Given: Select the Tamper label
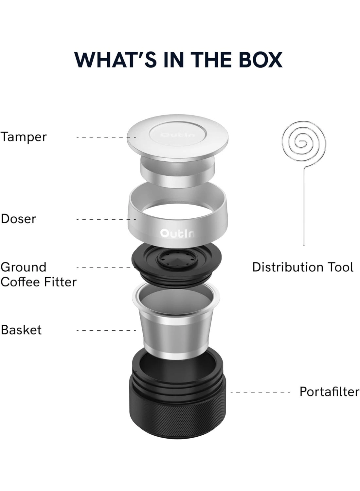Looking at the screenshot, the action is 24,137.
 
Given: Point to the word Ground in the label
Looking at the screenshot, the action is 24,268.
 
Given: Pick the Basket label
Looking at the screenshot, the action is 21,330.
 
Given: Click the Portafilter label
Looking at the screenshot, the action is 329,392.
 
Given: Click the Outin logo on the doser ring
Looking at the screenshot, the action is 177,233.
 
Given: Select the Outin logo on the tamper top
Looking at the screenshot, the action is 177,135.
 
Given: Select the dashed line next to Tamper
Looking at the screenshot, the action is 106,137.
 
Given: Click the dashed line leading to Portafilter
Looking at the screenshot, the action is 260,392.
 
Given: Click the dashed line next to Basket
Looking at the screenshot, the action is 106,330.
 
